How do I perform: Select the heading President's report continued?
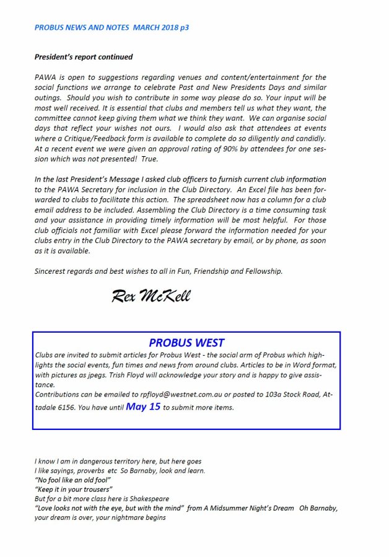[84, 57]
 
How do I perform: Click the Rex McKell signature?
[151, 296]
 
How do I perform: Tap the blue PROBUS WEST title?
[186, 343]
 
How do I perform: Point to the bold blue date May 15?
[143, 407]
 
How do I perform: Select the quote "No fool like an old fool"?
[72, 480]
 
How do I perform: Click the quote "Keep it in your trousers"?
[74, 489]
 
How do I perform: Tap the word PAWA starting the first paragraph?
[45, 77]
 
